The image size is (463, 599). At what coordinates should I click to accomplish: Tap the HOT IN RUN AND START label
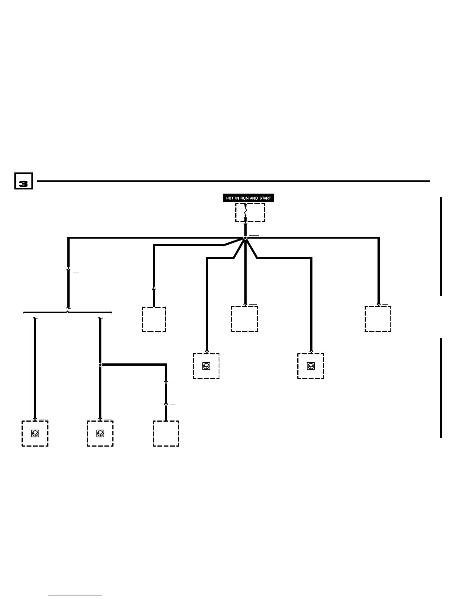click(248, 198)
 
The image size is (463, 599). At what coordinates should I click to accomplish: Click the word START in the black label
click(265, 198)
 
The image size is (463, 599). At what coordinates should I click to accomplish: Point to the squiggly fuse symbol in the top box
click(245, 212)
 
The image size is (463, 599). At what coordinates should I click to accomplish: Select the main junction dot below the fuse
click(245, 238)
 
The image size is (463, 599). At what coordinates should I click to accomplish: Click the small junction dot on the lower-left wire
click(100, 365)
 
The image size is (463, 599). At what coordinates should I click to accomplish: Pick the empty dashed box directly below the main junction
click(245, 319)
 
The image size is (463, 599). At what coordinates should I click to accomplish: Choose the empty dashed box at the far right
click(378, 319)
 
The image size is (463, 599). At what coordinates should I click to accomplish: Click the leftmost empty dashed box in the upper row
click(154, 320)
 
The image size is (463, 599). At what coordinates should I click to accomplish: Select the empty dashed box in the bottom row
click(166, 434)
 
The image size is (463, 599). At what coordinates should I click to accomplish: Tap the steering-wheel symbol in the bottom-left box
click(35, 433)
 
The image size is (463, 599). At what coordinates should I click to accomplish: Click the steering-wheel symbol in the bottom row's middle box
click(100, 433)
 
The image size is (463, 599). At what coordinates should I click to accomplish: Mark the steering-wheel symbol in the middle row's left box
click(206, 366)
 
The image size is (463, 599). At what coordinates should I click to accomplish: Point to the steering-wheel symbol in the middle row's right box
click(311, 366)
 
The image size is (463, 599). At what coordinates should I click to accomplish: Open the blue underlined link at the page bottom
click(75, 596)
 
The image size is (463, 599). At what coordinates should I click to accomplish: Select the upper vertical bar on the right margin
click(441, 246)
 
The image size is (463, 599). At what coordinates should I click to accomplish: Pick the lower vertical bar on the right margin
click(441, 388)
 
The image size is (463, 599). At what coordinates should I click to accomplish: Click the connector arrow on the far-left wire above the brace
click(68, 271)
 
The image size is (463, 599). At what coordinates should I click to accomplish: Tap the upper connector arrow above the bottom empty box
click(166, 382)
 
